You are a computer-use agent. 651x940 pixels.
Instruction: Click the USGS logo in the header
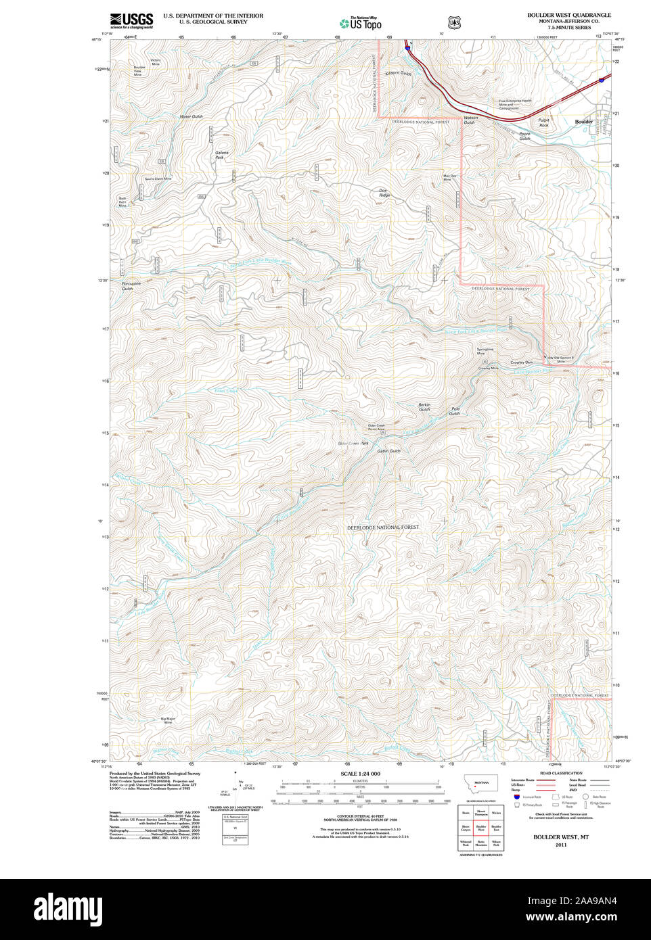(x=132, y=20)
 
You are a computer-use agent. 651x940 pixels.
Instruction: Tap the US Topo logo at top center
(x=361, y=23)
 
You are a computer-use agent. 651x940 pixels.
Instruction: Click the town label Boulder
(x=583, y=122)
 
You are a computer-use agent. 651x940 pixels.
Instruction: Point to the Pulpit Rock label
(x=543, y=123)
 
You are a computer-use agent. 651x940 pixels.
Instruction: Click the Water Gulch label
(x=191, y=116)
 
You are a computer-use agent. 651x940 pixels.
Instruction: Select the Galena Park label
(x=222, y=155)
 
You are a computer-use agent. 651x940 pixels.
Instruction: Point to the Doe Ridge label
(x=384, y=193)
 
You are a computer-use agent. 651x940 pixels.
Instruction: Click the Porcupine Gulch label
(x=131, y=286)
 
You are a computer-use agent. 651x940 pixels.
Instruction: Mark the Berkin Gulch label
(x=424, y=407)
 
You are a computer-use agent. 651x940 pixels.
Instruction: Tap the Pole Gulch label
(x=455, y=410)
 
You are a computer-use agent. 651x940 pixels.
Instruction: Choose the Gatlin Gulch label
(x=389, y=451)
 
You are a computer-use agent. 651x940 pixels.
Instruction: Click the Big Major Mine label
(x=168, y=720)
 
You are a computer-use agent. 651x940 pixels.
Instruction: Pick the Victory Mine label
(x=156, y=62)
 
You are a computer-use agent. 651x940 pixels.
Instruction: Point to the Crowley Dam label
(x=522, y=362)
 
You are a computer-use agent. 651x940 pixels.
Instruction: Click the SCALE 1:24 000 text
(x=360, y=774)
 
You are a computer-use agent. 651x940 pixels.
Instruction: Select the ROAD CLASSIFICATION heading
(x=561, y=773)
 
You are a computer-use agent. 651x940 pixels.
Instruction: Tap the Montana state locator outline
(x=480, y=783)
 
